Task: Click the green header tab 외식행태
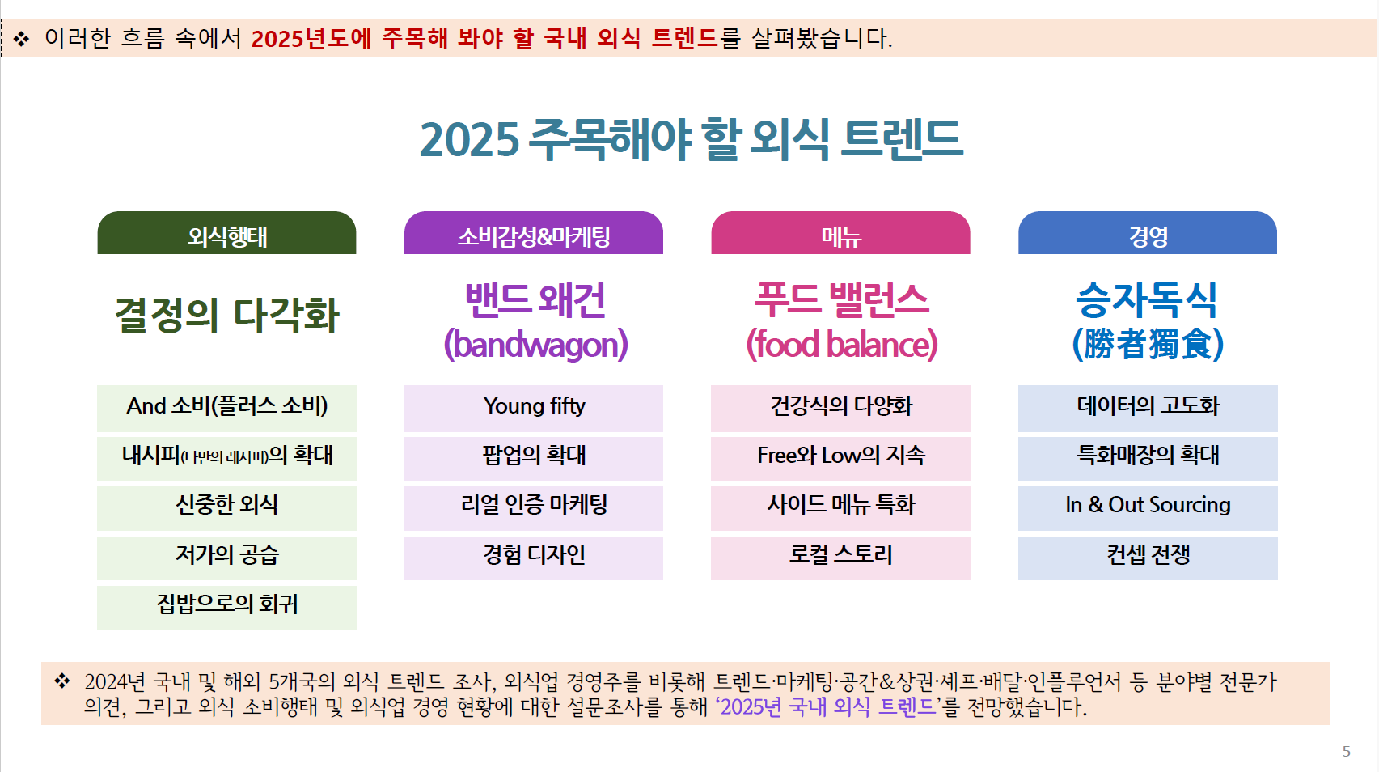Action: [x=226, y=233]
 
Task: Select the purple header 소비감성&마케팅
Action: [x=534, y=233]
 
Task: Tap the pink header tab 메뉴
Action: [x=840, y=233]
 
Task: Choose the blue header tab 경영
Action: [x=1148, y=233]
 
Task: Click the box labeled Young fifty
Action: [x=534, y=408]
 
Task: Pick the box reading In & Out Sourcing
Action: [x=1148, y=507]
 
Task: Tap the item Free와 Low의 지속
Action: [x=840, y=458]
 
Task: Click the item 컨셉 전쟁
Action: [x=1148, y=558]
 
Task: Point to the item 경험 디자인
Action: [x=534, y=558]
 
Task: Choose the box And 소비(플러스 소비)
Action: [x=226, y=408]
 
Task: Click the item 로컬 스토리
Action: [x=840, y=558]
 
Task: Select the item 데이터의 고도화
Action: [x=1148, y=408]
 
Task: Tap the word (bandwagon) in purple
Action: [x=535, y=345]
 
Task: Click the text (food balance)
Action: [x=842, y=344]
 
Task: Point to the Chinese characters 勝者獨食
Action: [x=1148, y=344]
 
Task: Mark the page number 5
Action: [x=1347, y=752]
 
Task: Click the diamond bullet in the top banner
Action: [x=22, y=39]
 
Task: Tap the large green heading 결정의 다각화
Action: [x=226, y=315]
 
